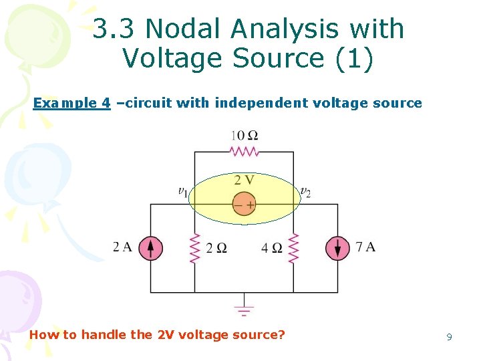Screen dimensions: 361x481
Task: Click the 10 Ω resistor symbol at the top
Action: (x=244, y=152)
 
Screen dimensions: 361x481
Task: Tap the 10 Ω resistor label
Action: (x=244, y=136)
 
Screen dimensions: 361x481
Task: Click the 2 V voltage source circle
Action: (x=244, y=205)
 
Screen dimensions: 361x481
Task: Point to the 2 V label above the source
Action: (x=244, y=180)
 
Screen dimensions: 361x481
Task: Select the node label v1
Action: (x=182, y=193)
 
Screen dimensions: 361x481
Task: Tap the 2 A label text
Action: (x=123, y=247)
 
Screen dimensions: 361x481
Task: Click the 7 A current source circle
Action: (x=337, y=248)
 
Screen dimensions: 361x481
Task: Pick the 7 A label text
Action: (x=365, y=247)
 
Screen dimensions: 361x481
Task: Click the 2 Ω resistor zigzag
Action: (x=195, y=248)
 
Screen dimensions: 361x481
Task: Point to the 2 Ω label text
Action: (x=216, y=248)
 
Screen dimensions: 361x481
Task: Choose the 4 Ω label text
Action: (x=272, y=248)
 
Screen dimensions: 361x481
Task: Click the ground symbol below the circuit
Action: (x=244, y=310)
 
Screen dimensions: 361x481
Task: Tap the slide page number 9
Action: (x=449, y=338)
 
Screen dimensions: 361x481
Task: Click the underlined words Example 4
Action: (x=71, y=103)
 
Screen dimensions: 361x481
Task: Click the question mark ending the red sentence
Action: (x=281, y=334)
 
